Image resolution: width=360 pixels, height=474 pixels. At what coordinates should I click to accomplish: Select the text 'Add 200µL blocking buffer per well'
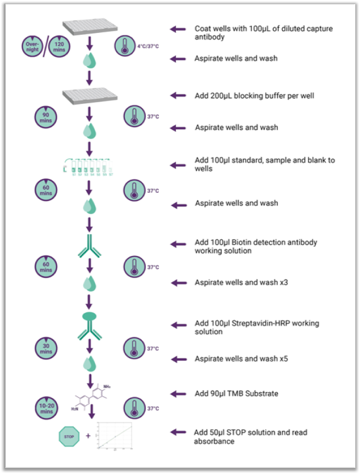[254, 95]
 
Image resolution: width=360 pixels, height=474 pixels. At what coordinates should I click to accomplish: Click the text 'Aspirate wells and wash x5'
[246, 359]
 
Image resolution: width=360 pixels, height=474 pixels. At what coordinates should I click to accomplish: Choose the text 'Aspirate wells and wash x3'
[246, 282]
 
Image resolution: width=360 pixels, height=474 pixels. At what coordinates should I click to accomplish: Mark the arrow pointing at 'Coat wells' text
[177, 29]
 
